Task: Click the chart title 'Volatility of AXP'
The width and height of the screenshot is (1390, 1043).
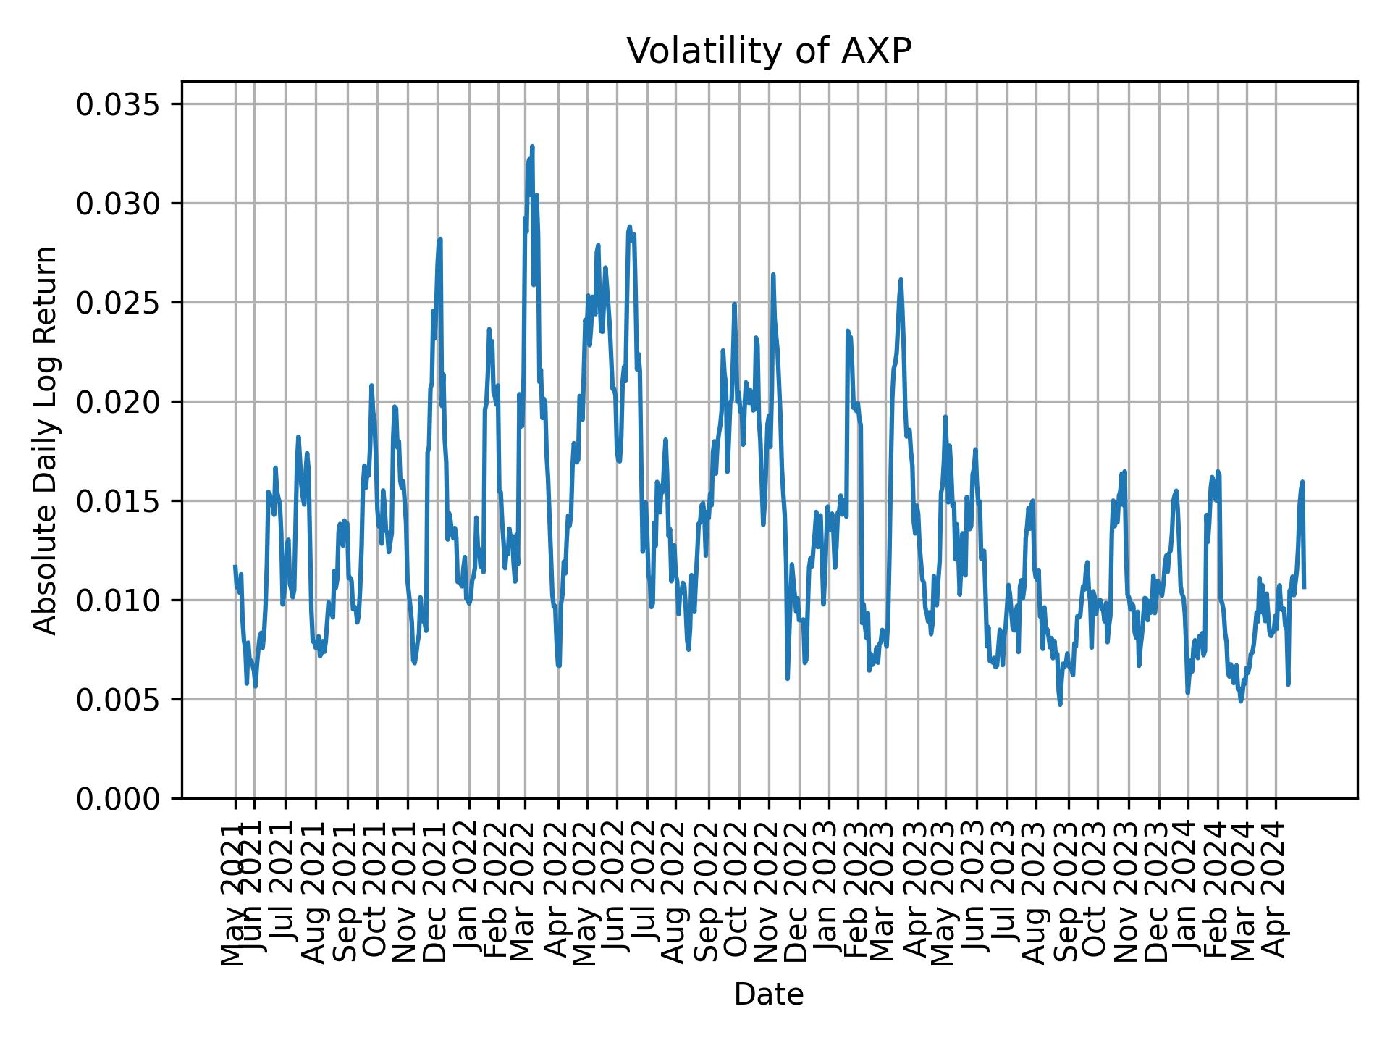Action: tap(768, 51)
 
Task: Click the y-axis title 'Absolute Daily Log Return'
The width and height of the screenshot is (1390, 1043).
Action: tap(46, 440)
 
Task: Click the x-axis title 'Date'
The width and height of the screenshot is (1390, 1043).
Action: tap(768, 994)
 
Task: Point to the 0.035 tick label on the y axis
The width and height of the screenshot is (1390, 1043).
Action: tap(119, 104)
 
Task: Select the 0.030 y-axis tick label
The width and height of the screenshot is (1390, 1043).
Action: tap(119, 204)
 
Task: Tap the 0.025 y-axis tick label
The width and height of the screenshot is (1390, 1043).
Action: tap(119, 303)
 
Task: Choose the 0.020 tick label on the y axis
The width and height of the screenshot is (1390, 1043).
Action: tap(119, 402)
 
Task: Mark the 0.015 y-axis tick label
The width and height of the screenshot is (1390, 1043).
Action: tap(119, 501)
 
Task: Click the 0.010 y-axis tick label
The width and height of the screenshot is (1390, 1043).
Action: tap(119, 600)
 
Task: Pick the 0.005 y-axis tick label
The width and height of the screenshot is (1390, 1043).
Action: tap(119, 700)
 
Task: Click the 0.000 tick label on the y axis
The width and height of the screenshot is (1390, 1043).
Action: tap(119, 798)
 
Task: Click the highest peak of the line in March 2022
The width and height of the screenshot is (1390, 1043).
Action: tap(532, 146)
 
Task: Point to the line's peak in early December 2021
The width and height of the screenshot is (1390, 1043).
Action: tap(439, 239)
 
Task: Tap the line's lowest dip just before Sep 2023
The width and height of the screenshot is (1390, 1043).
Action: tap(1060, 704)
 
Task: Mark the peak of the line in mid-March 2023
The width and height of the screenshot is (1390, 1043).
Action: tap(901, 280)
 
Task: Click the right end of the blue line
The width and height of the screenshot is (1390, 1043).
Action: tap(1304, 587)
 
